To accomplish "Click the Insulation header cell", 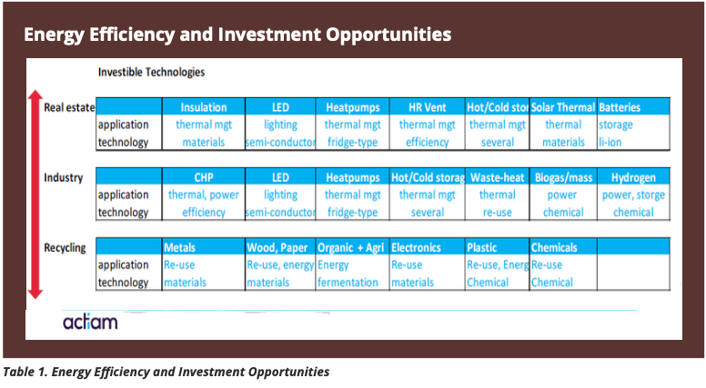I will (x=203, y=107).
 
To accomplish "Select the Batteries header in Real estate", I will (x=620, y=107).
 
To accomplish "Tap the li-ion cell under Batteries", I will (x=610, y=142).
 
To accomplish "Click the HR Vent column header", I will (x=426, y=107).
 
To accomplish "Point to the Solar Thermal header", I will (x=563, y=107).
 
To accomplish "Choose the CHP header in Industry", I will (x=203, y=177).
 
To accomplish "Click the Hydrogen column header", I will (x=633, y=177).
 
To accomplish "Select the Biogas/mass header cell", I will (x=563, y=177).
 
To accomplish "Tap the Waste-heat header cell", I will (x=497, y=177).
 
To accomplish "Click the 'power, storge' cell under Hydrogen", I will (x=633, y=194).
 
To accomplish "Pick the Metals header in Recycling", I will (x=179, y=247).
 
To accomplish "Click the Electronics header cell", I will (x=416, y=247).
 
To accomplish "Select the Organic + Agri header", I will (x=351, y=247).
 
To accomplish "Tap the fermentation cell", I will (x=348, y=282).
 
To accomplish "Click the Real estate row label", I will (x=69, y=107).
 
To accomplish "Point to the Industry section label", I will (x=63, y=177).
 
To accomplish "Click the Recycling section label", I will (x=65, y=247).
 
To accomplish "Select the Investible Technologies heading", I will (x=150, y=72).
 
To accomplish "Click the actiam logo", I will (x=90, y=322).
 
